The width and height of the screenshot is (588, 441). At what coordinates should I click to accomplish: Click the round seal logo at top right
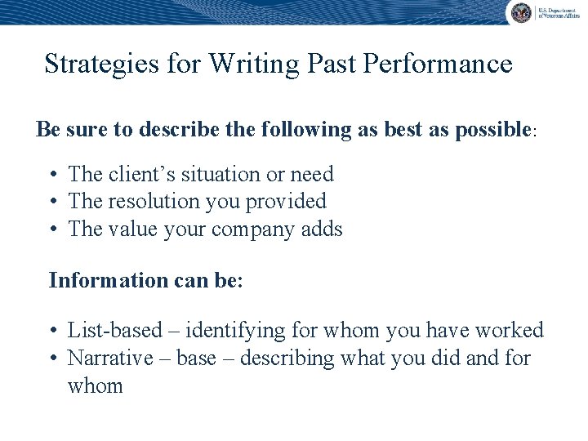pos(520,12)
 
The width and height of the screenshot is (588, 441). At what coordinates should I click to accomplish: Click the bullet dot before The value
pos(52,229)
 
